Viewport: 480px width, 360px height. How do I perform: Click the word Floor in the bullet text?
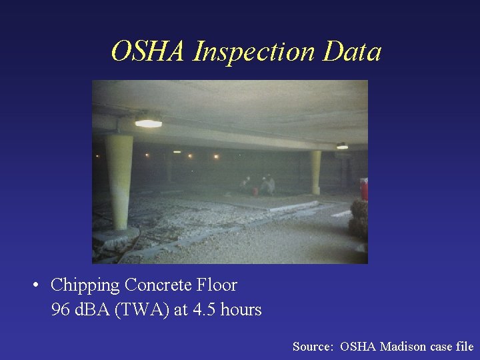click(x=217, y=285)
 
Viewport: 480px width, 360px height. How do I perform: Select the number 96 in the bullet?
click(x=60, y=310)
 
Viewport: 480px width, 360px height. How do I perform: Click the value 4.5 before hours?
click(x=203, y=310)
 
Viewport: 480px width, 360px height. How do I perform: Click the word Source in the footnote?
click(x=313, y=347)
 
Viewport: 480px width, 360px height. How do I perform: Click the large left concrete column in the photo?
click(x=119, y=183)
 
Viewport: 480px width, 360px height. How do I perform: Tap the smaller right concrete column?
click(x=315, y=171)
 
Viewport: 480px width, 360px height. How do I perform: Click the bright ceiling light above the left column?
click(x=148, y=123)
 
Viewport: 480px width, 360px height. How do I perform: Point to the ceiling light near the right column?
click(x=342, y=146)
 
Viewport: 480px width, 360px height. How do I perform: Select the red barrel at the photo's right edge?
click(x=364, y=189)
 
